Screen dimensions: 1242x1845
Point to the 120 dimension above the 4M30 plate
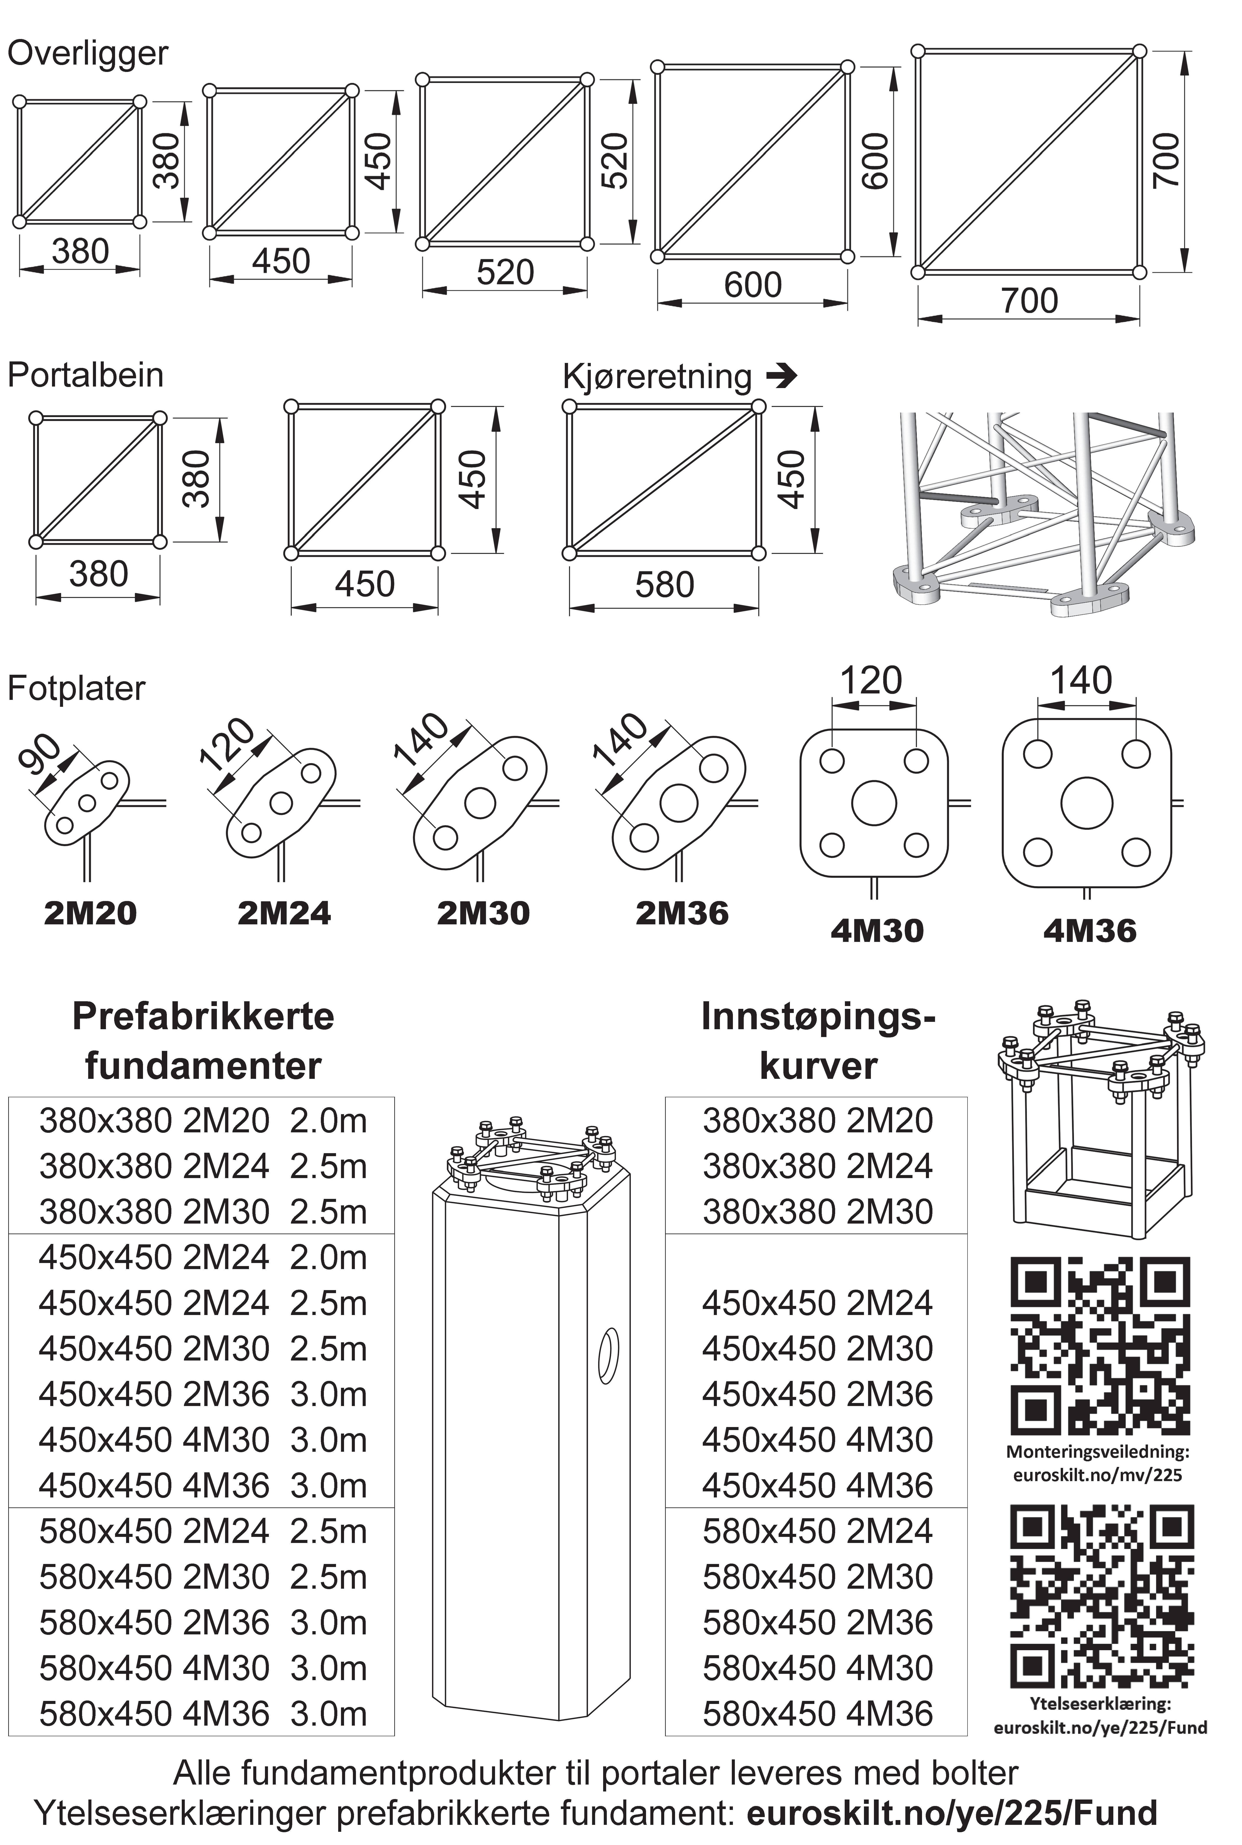click(870, 681)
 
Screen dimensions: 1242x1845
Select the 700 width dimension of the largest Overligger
click(1029, 301)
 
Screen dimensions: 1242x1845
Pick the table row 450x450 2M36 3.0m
click(203, 1394)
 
